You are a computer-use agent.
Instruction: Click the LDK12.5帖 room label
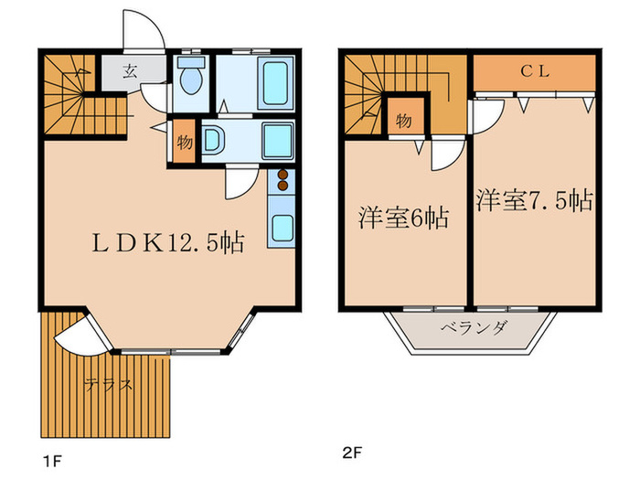click(x=166, y=243)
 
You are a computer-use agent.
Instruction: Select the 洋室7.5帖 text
click(x=533, y=200)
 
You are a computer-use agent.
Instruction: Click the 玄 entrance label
click(x=131, y=70)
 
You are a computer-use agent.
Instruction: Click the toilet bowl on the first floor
click(x=191, y=79)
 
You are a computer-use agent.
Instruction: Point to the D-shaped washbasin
click(x=211, y=142)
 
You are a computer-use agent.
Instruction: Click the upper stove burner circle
click(x=282, y=174)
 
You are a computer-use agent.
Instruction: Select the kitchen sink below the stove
click(x=281, y=226)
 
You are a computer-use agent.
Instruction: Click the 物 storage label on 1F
click(x=184, y=143)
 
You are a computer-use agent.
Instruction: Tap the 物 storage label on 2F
click(x=402, y=120)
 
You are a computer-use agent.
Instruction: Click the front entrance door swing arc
click(x=144, y=32)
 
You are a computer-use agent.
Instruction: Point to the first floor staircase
click(x=69, y=96)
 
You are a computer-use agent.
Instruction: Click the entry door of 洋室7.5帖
click(x=487, y=114)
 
